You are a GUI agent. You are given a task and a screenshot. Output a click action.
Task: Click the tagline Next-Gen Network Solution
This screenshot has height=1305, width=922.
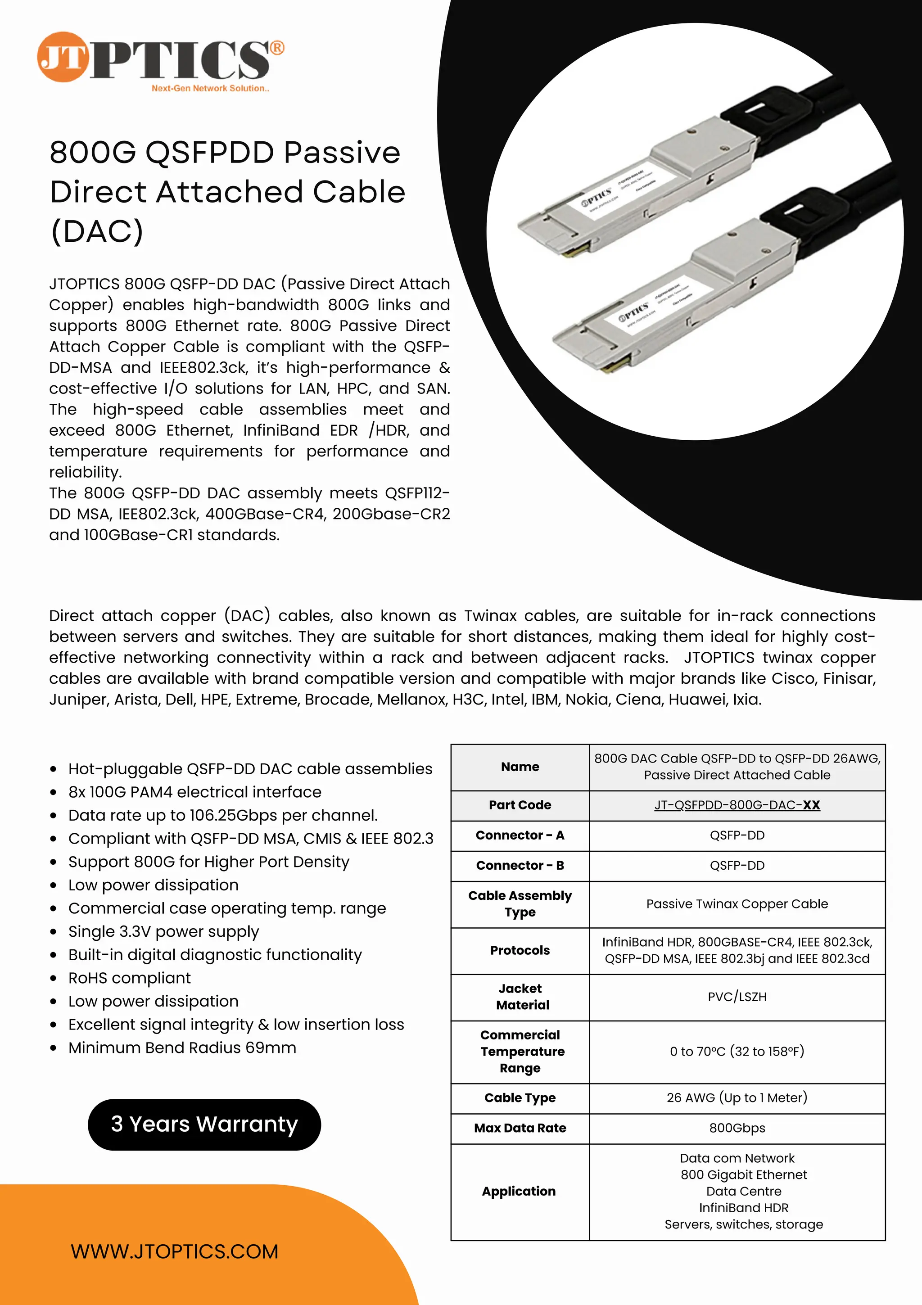tap(210, 89)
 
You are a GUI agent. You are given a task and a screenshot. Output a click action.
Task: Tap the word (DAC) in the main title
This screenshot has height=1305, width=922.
tap(97, 231)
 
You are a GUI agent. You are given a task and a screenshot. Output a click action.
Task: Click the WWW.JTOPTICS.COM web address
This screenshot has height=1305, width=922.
tap(175, 1251)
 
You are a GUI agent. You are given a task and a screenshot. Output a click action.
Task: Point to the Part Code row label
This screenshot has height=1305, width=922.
tap(520, 805)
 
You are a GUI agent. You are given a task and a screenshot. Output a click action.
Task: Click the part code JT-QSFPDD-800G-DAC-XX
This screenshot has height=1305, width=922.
tap(737, 805)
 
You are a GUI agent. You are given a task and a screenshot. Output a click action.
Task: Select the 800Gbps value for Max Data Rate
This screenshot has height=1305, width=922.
tap(737, 1128)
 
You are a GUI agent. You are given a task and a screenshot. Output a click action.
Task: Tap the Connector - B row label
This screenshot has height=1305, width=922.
tap(520, 865)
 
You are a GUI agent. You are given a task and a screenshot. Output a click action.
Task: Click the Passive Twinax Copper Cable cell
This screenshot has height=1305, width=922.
tap(737, 904)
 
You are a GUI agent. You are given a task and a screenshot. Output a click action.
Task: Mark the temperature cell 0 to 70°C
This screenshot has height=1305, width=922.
tap(737, 1051)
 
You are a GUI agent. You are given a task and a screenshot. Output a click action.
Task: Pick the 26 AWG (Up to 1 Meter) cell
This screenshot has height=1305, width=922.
tap(737, 1097)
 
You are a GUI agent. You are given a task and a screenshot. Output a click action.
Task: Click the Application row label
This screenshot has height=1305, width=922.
tap(519, 1191)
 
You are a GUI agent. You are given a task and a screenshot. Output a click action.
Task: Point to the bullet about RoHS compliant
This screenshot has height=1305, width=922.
tap(130, 978)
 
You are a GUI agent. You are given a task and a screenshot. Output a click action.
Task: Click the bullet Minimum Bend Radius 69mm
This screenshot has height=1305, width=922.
tap(182, 1048)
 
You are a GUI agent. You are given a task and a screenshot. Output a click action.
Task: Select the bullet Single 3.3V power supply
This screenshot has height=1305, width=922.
tap(164, 931)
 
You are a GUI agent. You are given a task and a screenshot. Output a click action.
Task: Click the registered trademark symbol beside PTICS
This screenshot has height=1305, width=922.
tap(277, 48)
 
